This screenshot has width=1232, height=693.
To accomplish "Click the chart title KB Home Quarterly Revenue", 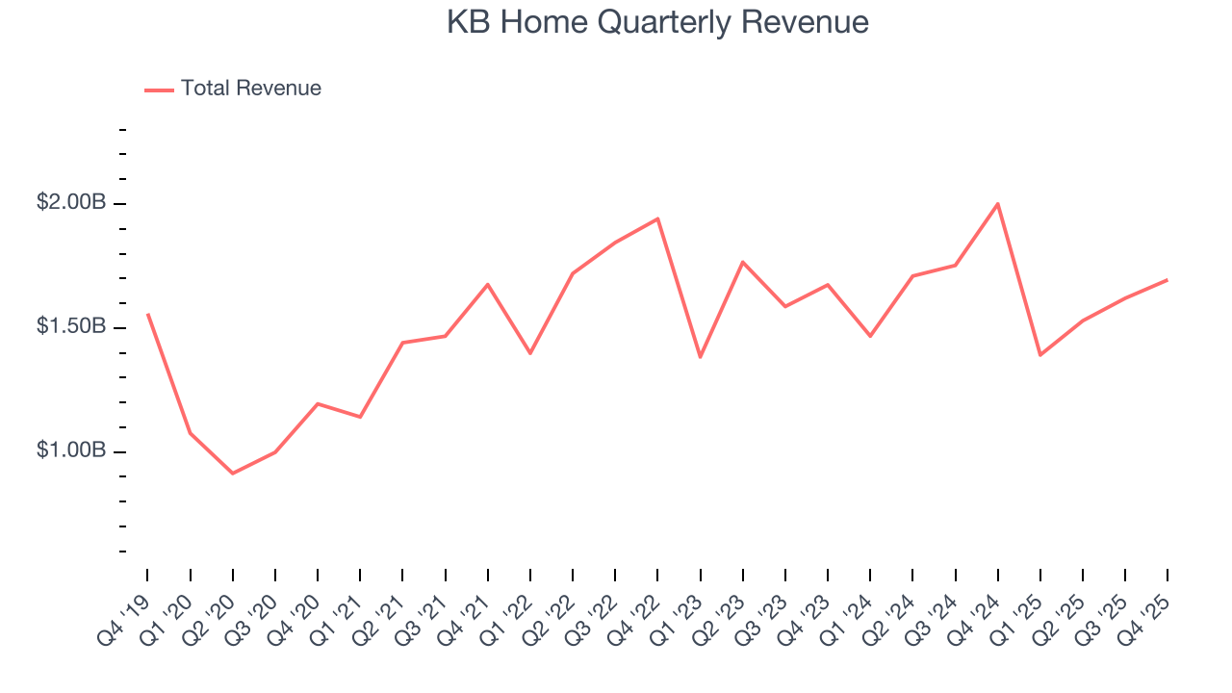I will [657, 22].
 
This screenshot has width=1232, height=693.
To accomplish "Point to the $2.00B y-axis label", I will [71, 203].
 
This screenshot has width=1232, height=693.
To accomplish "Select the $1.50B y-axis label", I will [71, 327].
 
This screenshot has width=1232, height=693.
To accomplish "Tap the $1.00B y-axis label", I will [71, 450].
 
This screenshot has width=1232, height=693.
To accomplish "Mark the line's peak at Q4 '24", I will [998, 203].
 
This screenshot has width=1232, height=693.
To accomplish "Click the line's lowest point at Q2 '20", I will [233, 474].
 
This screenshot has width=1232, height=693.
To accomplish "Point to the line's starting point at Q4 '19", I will [147, 314].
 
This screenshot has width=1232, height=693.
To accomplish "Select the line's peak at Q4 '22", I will [657, 218].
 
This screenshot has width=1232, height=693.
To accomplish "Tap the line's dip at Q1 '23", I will [700, 357].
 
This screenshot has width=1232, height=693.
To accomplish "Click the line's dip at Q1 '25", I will [1040, 355].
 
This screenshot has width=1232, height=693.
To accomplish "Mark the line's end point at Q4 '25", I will [1168, 280].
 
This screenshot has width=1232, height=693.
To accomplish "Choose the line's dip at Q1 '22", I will [530, 353].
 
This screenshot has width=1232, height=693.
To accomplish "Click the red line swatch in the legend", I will [159, 90].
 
